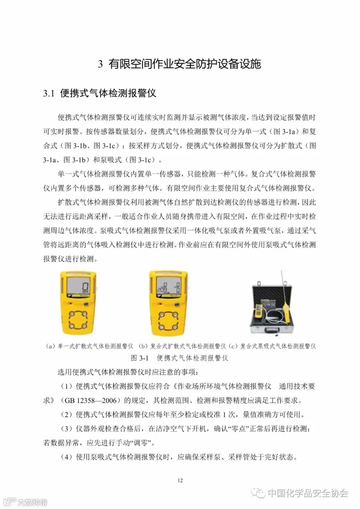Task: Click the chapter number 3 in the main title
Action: (x=100, y=64)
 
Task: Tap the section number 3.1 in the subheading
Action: (x=49, y=94)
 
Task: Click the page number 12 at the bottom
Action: (x=180, y=480)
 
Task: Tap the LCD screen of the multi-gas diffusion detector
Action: (x=168, y=285)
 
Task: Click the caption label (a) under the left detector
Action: (x=51, y=346)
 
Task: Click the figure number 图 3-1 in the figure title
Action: (x=140, y=358)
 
